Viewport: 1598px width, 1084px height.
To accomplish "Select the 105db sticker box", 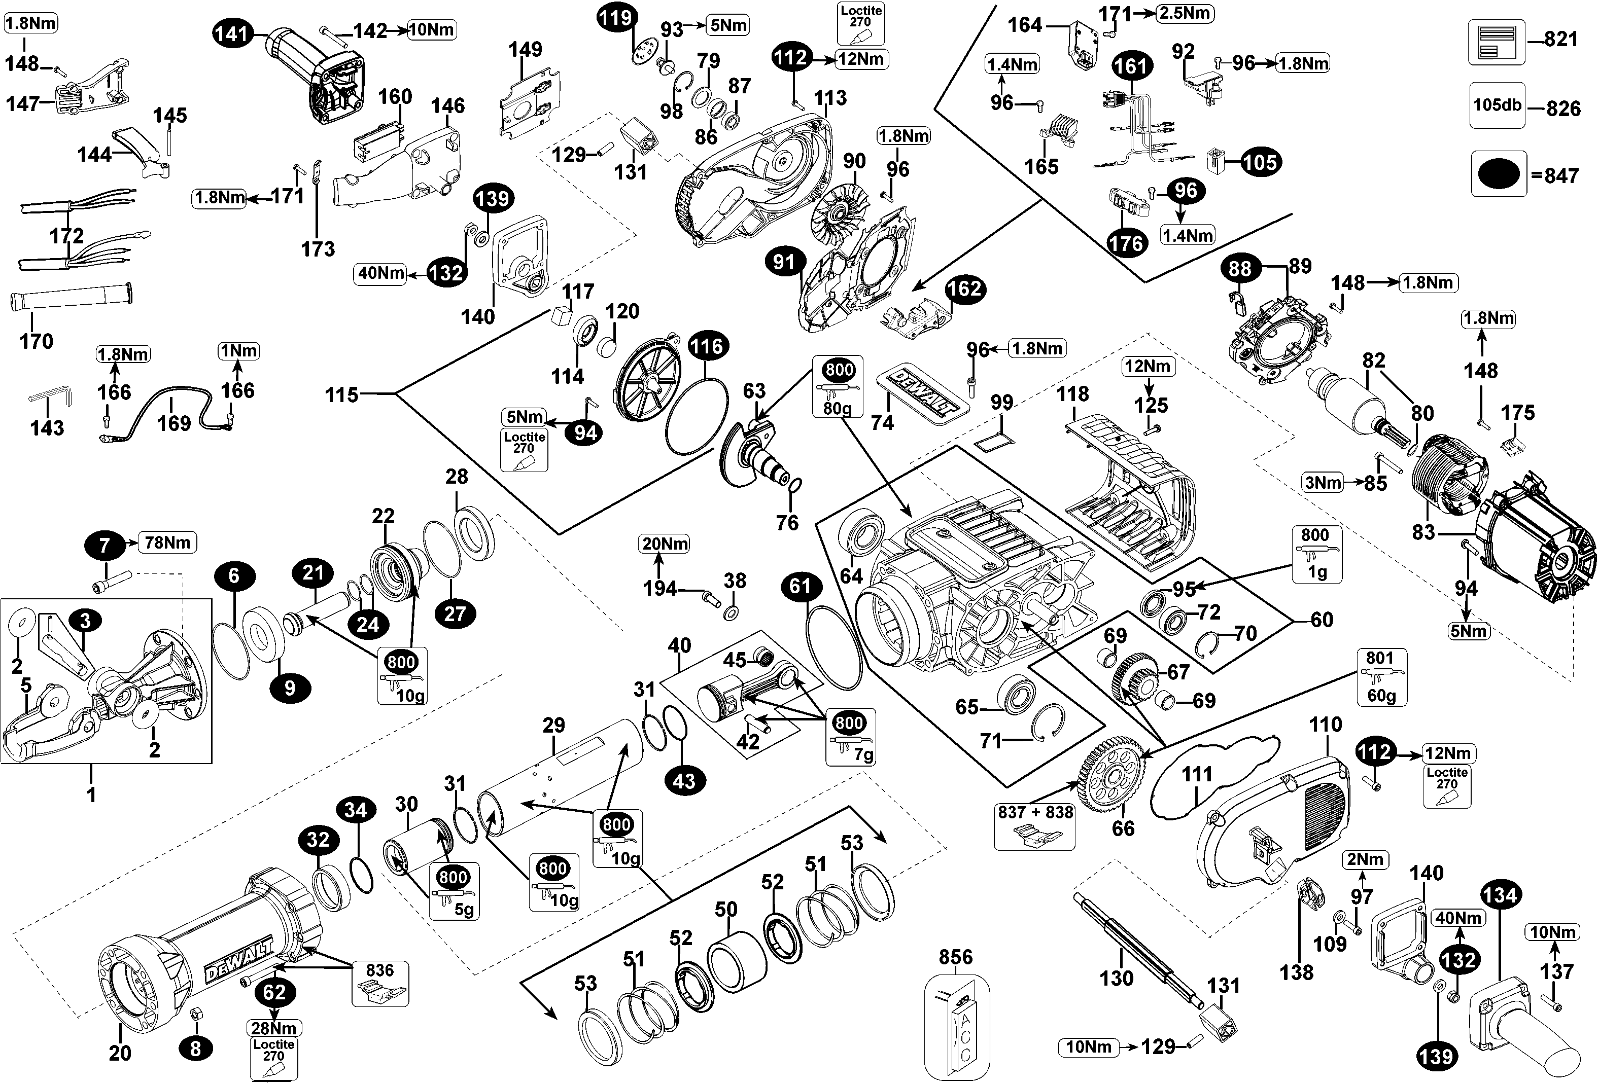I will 1497,105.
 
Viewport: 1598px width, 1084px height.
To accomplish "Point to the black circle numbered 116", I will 708,346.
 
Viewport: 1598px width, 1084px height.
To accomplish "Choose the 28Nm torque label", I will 273,1028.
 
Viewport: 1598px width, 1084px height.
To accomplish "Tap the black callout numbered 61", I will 801,586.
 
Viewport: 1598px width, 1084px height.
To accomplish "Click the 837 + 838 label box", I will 1035,812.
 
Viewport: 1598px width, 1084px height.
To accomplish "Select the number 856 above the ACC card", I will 956,957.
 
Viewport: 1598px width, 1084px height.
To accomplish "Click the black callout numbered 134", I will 1500,895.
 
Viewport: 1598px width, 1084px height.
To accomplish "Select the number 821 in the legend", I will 1561,39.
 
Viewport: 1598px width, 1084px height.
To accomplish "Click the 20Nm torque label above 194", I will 665,544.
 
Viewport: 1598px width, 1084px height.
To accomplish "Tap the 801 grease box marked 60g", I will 1381,677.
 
